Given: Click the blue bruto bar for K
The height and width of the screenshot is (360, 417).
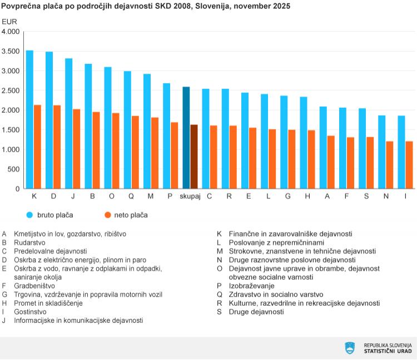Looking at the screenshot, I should (x=29, y=119).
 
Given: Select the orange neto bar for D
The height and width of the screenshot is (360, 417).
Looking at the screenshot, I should (x=57, y=147).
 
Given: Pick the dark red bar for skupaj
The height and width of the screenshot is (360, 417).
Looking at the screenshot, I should (x=194, y=157).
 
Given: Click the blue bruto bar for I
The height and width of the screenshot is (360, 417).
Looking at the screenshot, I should (x=401, y=152).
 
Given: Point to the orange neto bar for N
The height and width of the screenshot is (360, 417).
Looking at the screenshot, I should (x=390, y=165).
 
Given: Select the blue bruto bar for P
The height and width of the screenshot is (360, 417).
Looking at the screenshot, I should (x=166, y=136).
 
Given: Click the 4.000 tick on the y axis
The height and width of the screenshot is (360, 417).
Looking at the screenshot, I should (x=11, y=32).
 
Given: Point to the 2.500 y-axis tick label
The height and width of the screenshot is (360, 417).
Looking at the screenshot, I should (x=11, y=91).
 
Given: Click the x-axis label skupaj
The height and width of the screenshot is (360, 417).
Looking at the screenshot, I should (x=190, y=197).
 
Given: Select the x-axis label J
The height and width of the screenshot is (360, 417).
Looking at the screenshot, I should (x=73, y=197).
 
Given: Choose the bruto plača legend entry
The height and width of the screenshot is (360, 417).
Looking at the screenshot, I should (x=54, y=214).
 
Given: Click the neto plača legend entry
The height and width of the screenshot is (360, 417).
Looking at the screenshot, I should (x=131, y=214).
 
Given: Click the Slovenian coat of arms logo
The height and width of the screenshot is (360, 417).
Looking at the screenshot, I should (x=350, y=348).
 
